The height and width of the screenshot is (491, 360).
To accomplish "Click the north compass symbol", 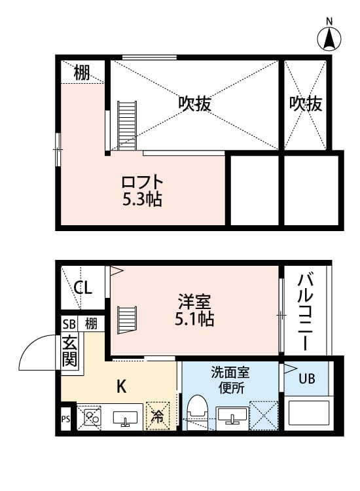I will pyautogui.click(x=330, y=37).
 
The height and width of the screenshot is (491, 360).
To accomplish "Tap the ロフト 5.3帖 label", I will pyautogui.click(x=141, y=190).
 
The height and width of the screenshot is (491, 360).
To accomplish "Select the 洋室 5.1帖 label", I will pyautogui.click(x=194, y=312).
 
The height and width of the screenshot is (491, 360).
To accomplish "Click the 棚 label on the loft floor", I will pyautogui.click(x=81, y=73).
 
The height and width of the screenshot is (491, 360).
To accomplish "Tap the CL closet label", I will pyautogui.click(x=82, y=287).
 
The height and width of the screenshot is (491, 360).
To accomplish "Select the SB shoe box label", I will pyautogui.click(x=69, y=323).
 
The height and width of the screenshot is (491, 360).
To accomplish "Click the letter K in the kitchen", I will pyautogui.click(x=121, y=386).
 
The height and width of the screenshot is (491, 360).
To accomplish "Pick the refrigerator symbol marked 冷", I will pyautogui.click(x=157, y=414).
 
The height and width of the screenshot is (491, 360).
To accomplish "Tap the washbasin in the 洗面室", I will pyautogui.click(x=232, y=415).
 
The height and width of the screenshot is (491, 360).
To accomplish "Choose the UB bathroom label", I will pyautogui.click(x=306, y=378).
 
